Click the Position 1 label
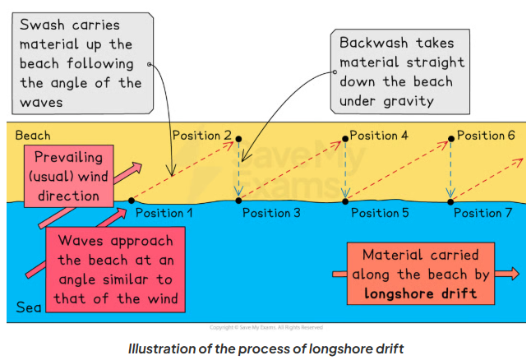[x=164, y=213]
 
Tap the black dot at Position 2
[x=238, y=137]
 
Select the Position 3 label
[x=271, y=213]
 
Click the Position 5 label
[x=380, y=213]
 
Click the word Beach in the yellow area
[x=33, y=135]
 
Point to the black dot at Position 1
[x=132, y=200]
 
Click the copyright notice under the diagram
[x=265, y=327]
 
